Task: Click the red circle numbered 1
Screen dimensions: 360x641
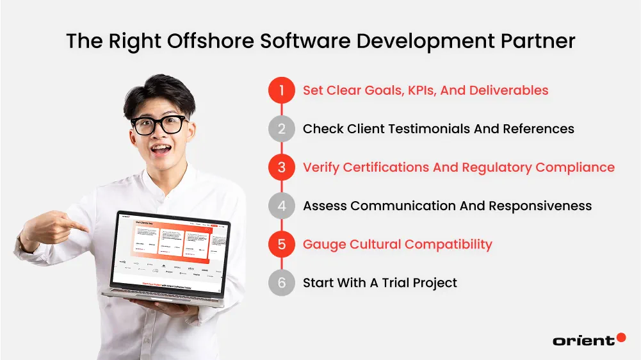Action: tap(281, 90)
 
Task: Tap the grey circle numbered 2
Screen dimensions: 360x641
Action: tap(281, 129)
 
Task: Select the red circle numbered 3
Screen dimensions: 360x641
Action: tap(281, 167)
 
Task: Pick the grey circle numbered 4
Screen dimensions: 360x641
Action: tap(281, 206)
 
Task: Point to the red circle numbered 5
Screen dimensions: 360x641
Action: tap(281, 244)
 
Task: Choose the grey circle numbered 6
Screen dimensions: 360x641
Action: tap(281, 282)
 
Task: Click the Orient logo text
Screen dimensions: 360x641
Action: tap(583, 341)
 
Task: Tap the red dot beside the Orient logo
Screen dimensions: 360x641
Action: tap(621, 338)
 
